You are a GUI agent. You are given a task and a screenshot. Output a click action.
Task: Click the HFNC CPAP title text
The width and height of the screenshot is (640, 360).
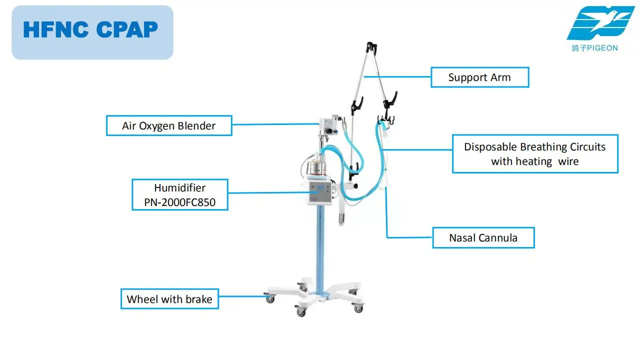click(90, 29)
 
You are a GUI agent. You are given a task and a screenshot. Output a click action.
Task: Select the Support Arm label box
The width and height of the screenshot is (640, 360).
click(479, 77)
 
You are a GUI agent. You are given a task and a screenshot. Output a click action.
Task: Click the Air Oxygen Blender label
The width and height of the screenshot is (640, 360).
click(169, 125)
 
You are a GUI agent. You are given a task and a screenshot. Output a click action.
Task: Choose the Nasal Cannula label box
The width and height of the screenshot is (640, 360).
click(483, 237)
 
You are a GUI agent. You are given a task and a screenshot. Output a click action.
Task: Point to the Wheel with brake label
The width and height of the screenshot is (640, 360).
click(169, 299)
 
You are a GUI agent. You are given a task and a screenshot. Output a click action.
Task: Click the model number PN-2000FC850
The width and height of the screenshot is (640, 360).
click(180, 202)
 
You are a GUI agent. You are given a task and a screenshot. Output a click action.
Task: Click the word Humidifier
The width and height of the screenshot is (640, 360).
click(179, 188)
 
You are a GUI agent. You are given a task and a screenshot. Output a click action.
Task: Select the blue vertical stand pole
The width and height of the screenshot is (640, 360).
click(320, 250)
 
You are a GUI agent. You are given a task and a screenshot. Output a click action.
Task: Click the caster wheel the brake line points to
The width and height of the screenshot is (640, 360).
click(270, 298)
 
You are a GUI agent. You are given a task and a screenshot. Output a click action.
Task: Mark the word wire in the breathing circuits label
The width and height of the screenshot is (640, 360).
click(568, 161)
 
